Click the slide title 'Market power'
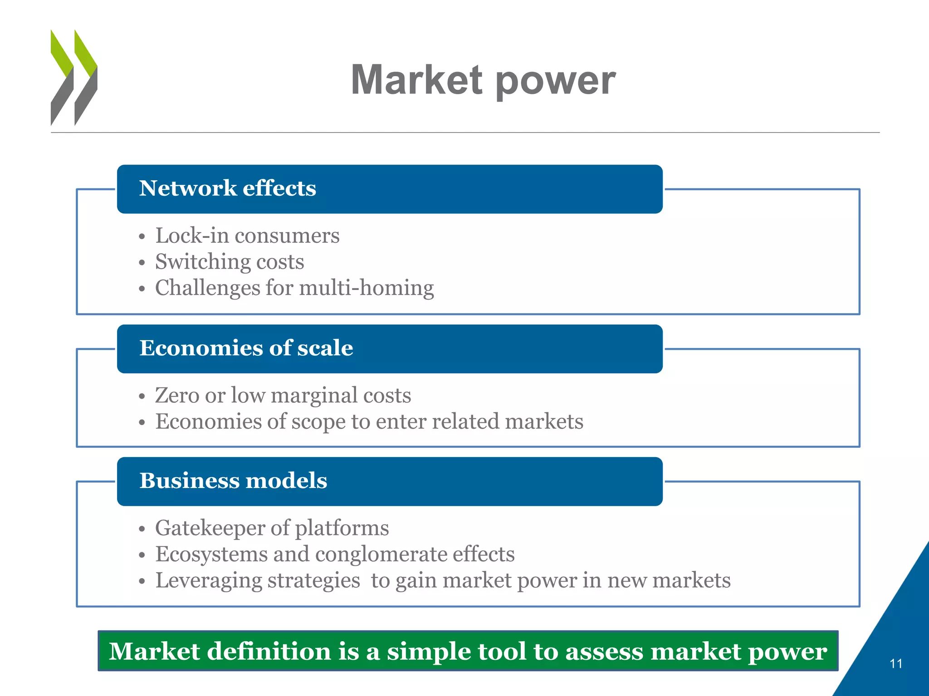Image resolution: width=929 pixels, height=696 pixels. tap(483, 80)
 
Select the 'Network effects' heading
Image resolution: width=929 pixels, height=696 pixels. tap(227, 188)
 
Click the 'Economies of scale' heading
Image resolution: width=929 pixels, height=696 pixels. tap(246, 348)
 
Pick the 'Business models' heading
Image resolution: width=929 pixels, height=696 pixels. tap(233, 481)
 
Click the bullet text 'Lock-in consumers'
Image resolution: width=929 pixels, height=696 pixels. tap(247, 236)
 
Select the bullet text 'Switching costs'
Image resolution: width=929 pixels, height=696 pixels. tap(230, 262)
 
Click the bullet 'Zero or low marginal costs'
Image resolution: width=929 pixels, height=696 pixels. tap(283, 395)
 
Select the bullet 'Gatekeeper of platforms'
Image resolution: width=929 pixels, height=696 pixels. tap(272, 528)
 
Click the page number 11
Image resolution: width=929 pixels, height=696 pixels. tap(895, 664)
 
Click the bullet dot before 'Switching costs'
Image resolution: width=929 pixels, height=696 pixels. tap(142, 263)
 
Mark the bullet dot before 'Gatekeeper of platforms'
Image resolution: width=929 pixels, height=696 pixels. tap(142, 529)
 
